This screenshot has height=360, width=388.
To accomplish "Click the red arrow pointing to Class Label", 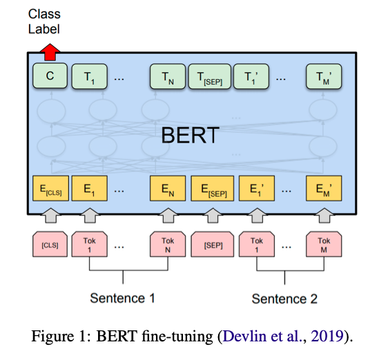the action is pos(50,52).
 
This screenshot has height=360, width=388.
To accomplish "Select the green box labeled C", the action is pos(50,76).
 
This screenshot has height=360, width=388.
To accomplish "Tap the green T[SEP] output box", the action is pos(210,77).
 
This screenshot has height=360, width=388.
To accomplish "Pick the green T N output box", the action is pos(168,77).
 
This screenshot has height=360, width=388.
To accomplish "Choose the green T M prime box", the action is pos(324,77).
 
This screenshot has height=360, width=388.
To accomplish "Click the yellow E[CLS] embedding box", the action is pos(50,188).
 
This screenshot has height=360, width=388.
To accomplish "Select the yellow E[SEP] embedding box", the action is pos(213,188).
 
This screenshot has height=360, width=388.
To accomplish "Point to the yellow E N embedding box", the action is pos(168,188).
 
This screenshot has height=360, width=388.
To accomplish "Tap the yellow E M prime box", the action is pos(324,188).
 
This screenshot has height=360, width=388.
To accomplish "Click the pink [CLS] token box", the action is pos(50,244).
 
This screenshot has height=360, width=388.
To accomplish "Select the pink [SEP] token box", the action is pos(213,244).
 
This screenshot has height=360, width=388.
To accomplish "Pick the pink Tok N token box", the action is pos(168,244).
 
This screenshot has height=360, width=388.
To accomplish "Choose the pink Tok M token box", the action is pos(324,244).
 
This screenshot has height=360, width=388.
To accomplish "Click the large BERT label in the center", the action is pos(191,135).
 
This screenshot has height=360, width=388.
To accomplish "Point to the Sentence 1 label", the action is pos(122,298).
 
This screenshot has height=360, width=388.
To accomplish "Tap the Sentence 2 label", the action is pos(284,299).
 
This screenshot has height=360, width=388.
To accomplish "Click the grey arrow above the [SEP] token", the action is pos(213,216).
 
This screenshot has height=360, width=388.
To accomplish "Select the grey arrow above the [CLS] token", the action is pos(50,216).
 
